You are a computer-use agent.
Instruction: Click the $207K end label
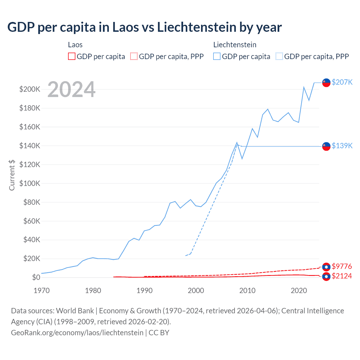pos(342,82)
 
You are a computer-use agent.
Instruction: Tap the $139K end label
pos(342,146)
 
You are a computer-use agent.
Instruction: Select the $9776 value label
pos(342,266)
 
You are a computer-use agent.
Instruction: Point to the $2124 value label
pos(342,276)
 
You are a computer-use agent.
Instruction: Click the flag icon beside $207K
pos(326,83)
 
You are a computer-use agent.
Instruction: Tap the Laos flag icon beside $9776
pos(326,267)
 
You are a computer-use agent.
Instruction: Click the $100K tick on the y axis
pos(30,183)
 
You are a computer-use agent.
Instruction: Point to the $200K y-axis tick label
pos(30,89)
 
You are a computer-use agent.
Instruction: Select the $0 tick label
pos(36,277)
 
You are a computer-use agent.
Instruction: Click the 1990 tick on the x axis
pos(144,291)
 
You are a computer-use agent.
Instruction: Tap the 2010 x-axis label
pos(247,291)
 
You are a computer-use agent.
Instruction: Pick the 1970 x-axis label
pos(42,291)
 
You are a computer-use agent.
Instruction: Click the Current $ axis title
pos(12,175)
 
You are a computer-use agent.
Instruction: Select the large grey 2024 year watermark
pos(71,89)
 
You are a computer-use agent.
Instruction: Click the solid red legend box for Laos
pos(72,57)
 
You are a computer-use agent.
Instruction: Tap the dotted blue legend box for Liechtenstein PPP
pos(279,57)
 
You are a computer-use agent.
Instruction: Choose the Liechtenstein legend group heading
pos(235,45)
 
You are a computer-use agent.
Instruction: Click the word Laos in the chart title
pos(125,27)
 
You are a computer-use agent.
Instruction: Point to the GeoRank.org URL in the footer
pos(77,333)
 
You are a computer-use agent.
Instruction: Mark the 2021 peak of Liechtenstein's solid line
pos(304,87)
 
